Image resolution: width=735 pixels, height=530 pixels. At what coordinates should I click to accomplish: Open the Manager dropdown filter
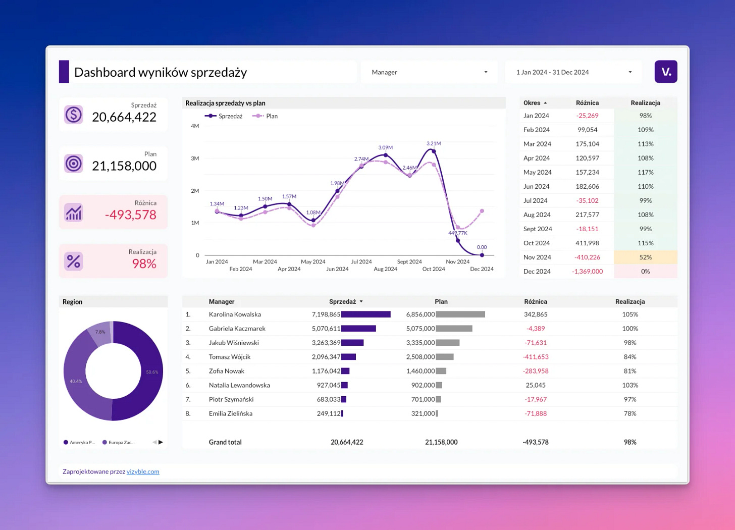pyautogui.click(x=429, y=72)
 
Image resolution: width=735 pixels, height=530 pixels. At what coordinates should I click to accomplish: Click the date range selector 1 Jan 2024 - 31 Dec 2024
pyautogui.click(x=573, y=72)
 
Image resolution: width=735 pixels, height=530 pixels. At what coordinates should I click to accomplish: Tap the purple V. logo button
pyautogui.click(x=666, y=72)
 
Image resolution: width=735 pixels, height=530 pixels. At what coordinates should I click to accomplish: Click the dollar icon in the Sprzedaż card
pyautogui.click(x=74, y=115)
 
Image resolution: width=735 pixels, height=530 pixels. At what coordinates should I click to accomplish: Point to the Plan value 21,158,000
pyautogui.click(x=124, y=166)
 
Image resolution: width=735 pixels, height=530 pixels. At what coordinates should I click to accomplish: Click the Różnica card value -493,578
pyautogui.click(x=131, y=215)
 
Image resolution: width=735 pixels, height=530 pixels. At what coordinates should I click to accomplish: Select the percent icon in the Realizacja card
pyautogui.click(x=74, y=261)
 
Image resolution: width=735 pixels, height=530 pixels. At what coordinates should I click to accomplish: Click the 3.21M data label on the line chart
pyautogui.click(x=434, y=143)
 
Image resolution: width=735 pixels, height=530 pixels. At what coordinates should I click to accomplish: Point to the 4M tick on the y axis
pyautogui.click(x=195, y=126)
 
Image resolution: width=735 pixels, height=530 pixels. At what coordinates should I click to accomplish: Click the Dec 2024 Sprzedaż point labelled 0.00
pyautogui.click(x=482, y=255)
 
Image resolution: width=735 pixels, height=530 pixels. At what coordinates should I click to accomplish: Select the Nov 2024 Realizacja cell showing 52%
pyautogui.click(x=645, y=257)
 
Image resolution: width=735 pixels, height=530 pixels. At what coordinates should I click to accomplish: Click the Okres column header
pyautogui.click(x=532, y=103)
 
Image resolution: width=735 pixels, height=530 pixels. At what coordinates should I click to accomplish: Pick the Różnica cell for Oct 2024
pyautogui.click(x=587, y=243)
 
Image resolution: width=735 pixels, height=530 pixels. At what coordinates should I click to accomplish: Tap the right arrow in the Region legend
pyautogui.click(x=161, y=442)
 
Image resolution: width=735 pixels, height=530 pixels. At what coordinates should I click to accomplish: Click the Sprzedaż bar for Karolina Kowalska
pyautogui.click(x=366, y=314)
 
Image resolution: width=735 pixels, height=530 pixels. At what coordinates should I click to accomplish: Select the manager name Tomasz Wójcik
pyautogui.click(x=230, y=357)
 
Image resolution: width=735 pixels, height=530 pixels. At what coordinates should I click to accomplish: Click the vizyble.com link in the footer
pyautogui.click(x=143, y=472)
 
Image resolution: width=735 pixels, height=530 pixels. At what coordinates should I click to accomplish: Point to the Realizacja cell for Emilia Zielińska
pyautogui.click(x=630, y=413)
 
